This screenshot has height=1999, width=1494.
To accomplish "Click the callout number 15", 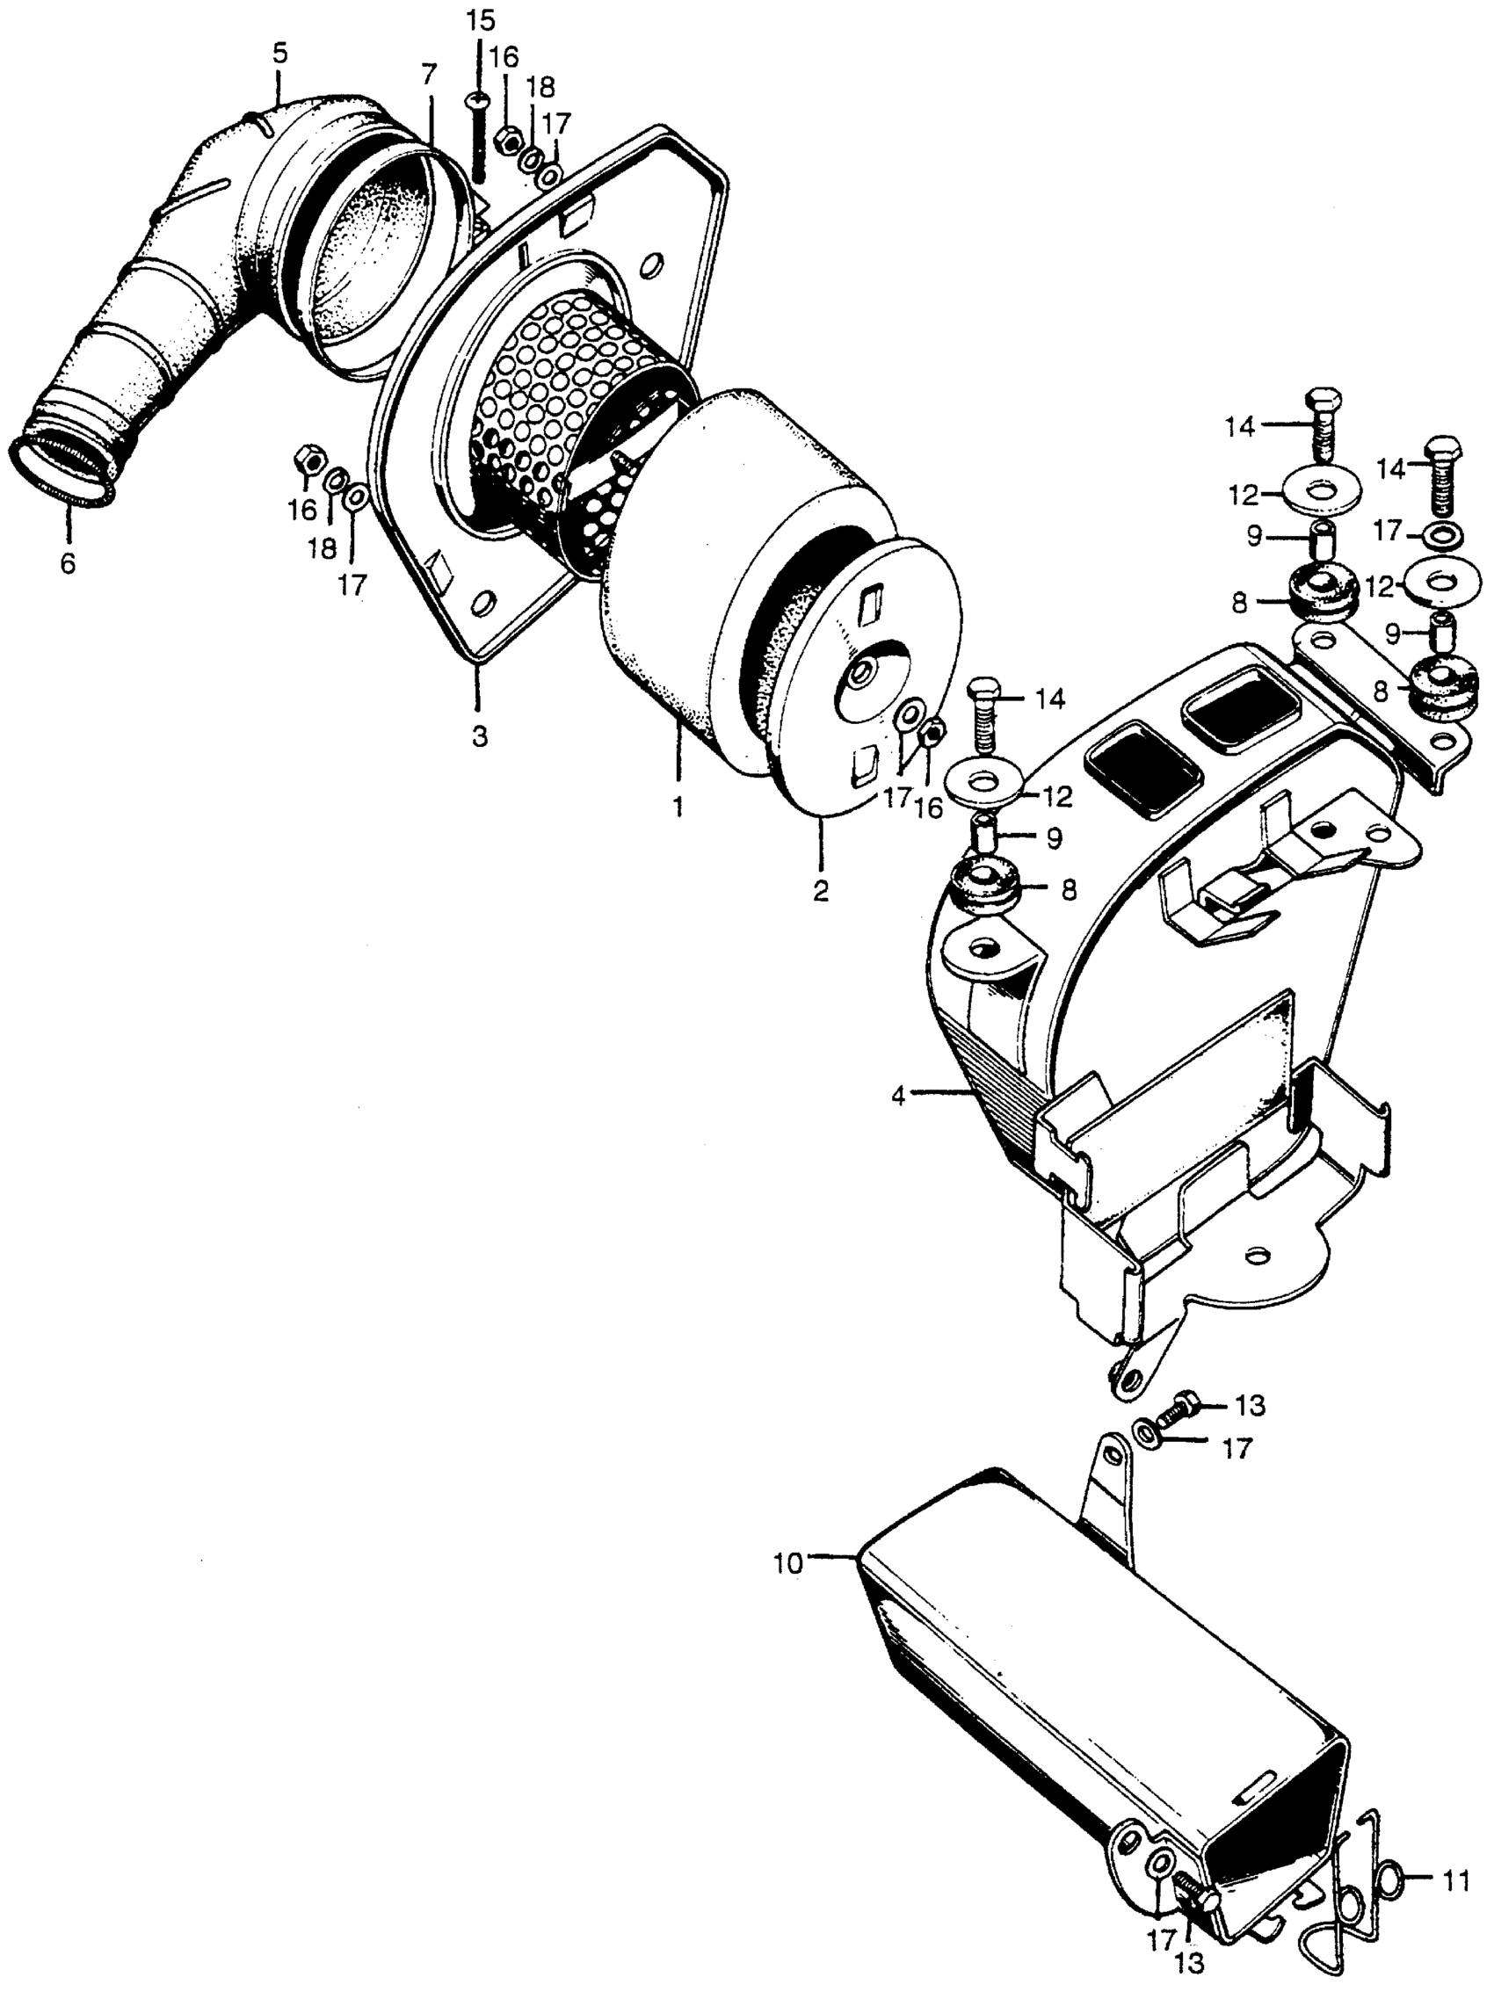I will click(x=481, y=21).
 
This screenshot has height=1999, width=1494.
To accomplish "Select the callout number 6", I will click(x=68, y=564).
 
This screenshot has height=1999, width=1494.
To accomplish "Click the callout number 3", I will click(x=479, y=736).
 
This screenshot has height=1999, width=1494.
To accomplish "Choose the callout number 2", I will click(x=820, y=890).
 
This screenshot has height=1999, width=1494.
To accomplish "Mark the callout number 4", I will click(x=897, y=1097).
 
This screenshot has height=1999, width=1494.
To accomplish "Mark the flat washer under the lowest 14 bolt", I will click(x=986, y=775).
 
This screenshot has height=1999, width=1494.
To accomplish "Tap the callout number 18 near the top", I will click(x=541, y=89).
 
